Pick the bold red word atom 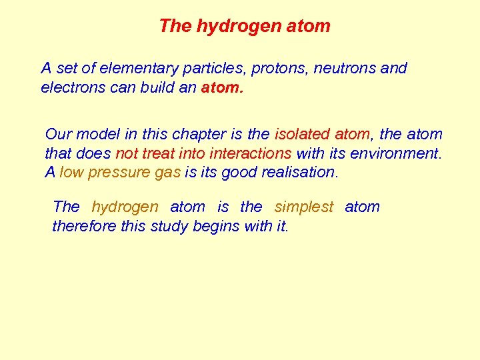(x=222, y=87)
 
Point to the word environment (x=397, y=153)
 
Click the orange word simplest (x=303, y=207)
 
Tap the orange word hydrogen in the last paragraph (x=125, y=207)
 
